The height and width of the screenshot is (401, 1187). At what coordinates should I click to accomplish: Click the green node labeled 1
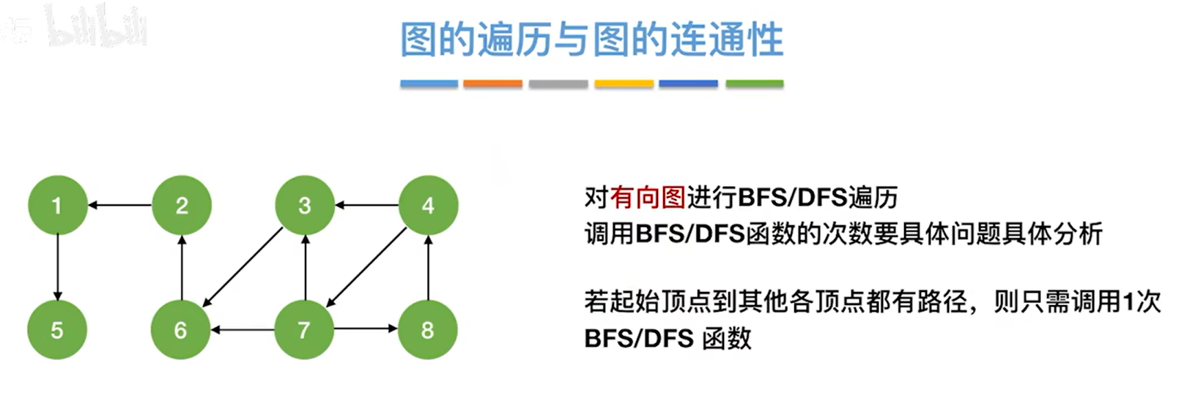[57, 206]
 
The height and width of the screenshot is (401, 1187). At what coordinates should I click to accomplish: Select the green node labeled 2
[181, 206]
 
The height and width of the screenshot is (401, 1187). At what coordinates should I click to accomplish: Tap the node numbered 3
[305, 206]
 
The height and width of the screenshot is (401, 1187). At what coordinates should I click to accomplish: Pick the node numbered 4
[428, 206]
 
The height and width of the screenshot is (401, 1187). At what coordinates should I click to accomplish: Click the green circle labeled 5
[57, 330]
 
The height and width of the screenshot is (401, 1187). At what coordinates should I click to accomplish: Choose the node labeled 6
[181, 330]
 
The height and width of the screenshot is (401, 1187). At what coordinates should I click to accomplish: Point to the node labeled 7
[305, 330]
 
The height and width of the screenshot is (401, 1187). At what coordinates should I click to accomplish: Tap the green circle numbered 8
[428, 330]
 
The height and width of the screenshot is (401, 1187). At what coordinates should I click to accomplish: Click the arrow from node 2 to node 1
[119, 206]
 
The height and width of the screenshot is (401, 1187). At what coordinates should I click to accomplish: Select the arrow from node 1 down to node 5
[57, 268]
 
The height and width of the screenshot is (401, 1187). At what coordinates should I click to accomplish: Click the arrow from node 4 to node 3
[366, 206]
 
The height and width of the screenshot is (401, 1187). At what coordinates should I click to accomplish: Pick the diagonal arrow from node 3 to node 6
[243, 268]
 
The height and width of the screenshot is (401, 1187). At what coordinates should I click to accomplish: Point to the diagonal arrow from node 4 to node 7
[366, 268]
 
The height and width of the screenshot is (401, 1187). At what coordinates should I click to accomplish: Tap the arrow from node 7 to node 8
[366, 329]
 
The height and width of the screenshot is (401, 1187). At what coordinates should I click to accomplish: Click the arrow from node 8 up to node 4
[428, 268]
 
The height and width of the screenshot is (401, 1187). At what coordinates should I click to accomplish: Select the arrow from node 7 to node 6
[243, 330]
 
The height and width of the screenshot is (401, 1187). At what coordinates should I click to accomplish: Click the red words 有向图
[648, 197]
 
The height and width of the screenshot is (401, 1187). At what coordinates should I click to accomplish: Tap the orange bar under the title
[492, 84]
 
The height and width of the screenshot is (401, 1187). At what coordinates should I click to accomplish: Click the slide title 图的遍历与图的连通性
[592, 40]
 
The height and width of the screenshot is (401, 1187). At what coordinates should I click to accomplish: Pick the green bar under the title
[754, 84]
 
